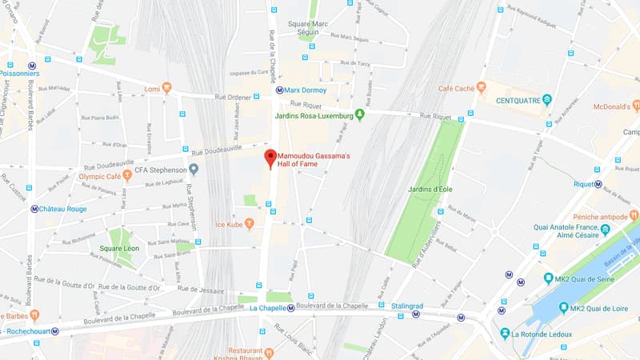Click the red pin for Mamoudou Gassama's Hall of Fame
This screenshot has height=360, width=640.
coord(270,157)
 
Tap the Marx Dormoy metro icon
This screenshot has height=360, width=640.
coord(279,90)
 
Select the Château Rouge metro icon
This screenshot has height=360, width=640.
coord(34,209)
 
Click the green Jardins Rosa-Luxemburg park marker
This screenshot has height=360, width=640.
coord(360,115)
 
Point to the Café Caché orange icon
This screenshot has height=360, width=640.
coord(481,87)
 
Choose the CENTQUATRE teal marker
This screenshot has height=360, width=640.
coord(547,100)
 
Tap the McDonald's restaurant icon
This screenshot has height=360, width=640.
coord(636,105)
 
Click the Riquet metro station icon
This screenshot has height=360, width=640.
coord(598,183)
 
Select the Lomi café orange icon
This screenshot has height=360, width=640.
coord(166,88)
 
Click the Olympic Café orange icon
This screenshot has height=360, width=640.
coord(126,174)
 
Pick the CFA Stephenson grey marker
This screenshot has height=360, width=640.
coord(194,169)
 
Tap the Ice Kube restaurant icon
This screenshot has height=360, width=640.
coord(250,223)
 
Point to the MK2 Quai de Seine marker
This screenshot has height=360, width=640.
coord(549,278)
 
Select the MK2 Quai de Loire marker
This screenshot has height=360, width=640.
coord(563,308)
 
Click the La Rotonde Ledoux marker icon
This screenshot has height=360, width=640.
coord(506,334)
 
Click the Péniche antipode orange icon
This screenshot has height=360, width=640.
coord(634,214)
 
